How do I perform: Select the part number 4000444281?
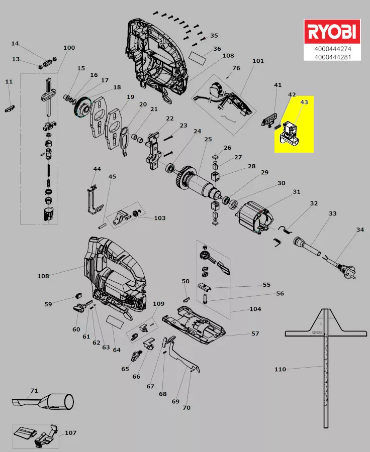tap(332, 57)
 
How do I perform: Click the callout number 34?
tap(359, 230)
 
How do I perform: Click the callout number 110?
tap(280, 370)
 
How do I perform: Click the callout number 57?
tap(255, 333)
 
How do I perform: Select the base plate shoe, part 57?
tap(196, 326)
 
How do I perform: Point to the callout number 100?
tap(69, 48)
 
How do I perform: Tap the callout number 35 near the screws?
tap(214, 36)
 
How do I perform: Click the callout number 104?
tap(255, 309)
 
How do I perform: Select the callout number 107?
tap(70, 432)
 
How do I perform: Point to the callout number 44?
tap(97, 169)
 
